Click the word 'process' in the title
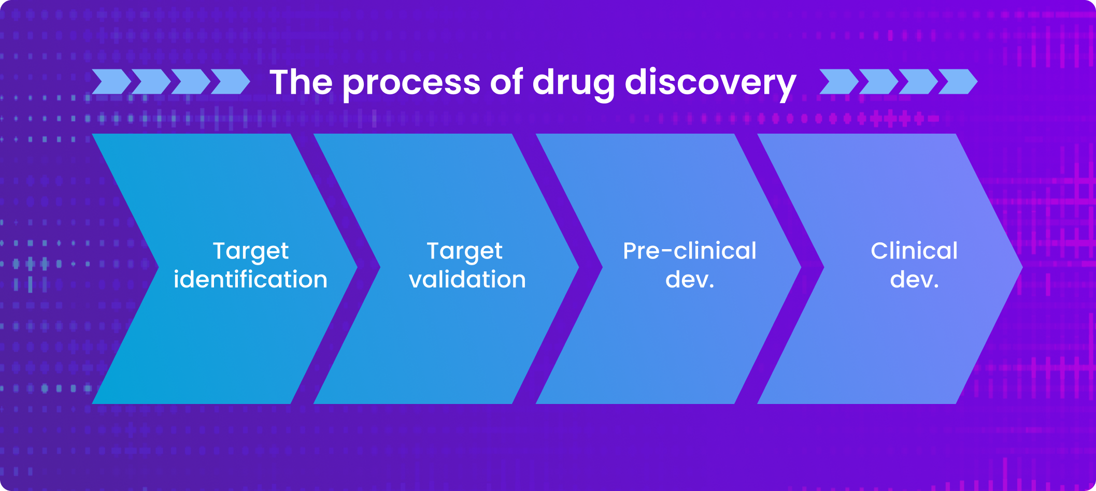click(412, 83)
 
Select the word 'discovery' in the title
click(710, 83)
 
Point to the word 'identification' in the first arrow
click(250, 280)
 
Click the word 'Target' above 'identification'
click(251, 252)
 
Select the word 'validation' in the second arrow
click(467, 280)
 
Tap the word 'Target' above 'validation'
click(464, 252)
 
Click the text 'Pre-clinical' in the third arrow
click(689, 251)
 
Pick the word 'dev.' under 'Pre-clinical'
click(689, 280)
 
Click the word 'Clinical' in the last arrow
click(914, 251)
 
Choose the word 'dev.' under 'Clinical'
click(914, 280)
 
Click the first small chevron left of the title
click(111, 82)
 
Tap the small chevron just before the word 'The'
click(230, 82)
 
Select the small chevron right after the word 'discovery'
click(838, 82)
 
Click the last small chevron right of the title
click(958, 82)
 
